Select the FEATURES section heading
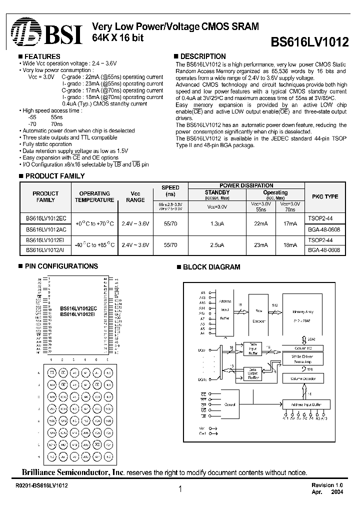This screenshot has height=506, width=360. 42,56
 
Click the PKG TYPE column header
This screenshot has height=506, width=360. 325,196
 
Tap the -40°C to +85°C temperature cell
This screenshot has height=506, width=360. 94,245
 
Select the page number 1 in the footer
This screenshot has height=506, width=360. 179,490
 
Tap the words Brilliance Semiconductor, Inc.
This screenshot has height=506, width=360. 72,472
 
